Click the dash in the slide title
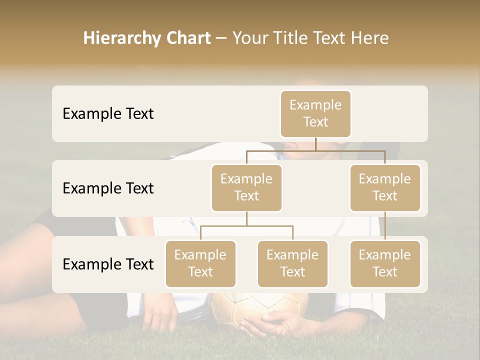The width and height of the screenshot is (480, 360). (x=222, y=39)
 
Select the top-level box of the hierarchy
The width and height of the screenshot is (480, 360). (x=315, y=114)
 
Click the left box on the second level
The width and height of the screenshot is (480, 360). (x=246, y=188)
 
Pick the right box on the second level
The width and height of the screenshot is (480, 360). (x=385, y=188)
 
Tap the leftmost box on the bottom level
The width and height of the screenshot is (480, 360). (x=200, y=264)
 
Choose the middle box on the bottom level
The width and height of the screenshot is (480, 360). (x=292, y=264)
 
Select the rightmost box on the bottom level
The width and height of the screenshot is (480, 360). (x=385, y=264)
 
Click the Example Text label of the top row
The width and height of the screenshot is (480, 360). (x=108, y=114)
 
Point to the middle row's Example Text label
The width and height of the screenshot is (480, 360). (x=108, y=188)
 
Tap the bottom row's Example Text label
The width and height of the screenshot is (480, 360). (x=108, y=264)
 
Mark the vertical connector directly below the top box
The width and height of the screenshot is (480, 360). (x=315, y=144)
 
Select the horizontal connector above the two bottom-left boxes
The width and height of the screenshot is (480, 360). (x=246, y=226)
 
